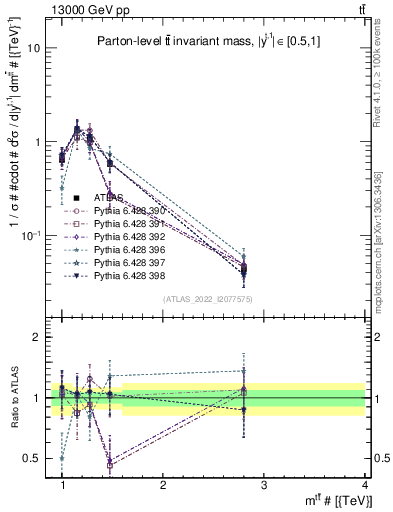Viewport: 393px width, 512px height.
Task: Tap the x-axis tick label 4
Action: [x=364, y=484]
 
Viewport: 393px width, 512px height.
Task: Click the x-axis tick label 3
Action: [x=263, y=484]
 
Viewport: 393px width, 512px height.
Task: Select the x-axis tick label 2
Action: [x=163, y=484]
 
